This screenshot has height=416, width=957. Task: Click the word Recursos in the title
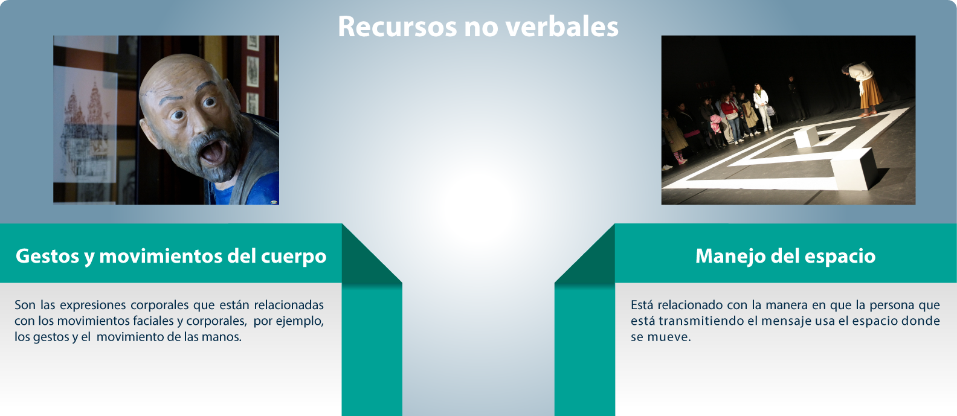point(398,27)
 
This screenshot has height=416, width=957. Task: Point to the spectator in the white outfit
point(761,107)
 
